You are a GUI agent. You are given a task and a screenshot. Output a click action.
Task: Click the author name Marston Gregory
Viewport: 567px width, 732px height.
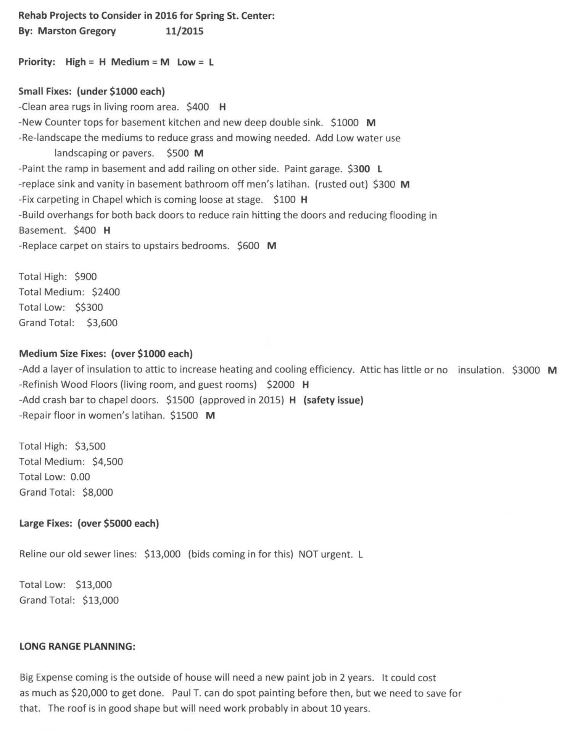point(77,31)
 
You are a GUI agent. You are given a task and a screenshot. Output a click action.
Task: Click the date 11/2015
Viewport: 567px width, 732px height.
point(184,31)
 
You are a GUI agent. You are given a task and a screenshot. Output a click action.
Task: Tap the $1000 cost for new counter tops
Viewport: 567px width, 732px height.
point(345,123)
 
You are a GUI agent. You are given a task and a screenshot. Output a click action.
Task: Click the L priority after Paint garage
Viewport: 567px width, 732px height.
point(380,169)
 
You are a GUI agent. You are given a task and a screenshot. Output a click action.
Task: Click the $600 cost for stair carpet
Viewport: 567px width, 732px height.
point(248,246)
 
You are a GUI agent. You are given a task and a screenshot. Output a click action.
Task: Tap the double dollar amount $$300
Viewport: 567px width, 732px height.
point(89,307)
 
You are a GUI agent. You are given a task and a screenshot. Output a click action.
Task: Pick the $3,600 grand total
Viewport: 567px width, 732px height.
point(102,323)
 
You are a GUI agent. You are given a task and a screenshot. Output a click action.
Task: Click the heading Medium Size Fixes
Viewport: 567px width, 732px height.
point(62,354)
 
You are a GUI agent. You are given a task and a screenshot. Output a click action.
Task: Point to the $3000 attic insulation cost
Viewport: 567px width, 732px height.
point(526,370)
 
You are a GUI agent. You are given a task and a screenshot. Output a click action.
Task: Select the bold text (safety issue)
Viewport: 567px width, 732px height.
point(333,400)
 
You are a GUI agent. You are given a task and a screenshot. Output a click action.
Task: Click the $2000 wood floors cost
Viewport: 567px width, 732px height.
point(280,385)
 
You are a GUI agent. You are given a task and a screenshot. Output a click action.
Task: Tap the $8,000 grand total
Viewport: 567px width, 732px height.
point(98,492)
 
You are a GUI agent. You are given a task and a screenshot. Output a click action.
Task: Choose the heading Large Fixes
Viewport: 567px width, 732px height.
point(45,523)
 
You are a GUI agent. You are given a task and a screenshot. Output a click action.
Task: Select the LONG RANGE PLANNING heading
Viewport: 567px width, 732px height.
point(77,647)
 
